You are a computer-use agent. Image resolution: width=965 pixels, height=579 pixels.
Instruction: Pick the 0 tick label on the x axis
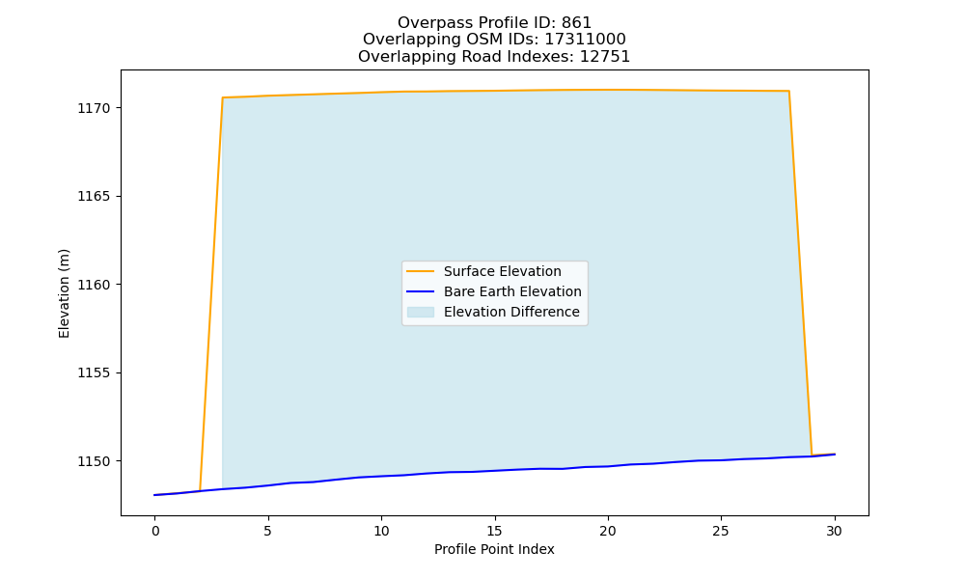(155, 531)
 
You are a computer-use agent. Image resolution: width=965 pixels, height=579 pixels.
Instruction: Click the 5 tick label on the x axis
(267, 531)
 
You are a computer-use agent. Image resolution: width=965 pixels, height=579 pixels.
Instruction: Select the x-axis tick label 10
(381, 531)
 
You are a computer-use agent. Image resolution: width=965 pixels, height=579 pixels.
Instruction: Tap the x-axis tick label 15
(494, 531)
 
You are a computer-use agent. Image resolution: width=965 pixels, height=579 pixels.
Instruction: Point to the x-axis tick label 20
(607, 531)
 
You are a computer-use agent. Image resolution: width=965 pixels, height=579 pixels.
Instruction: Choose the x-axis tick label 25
(721, 531)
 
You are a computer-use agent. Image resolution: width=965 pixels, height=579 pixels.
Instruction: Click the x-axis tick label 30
(834, 531)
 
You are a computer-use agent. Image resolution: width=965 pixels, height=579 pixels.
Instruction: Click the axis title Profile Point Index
(494, 549)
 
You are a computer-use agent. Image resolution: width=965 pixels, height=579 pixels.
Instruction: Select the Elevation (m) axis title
(64, 293)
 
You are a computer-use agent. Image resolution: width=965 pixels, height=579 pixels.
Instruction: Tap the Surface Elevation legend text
(502, 271)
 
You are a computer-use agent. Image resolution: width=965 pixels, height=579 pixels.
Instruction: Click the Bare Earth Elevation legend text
(512, 291)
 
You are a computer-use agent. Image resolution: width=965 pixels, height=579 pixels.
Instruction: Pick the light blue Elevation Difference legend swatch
(421, 312)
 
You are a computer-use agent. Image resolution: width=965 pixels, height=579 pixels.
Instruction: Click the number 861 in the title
(576, 23)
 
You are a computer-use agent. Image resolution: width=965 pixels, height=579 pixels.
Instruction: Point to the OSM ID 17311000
(586, 40)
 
